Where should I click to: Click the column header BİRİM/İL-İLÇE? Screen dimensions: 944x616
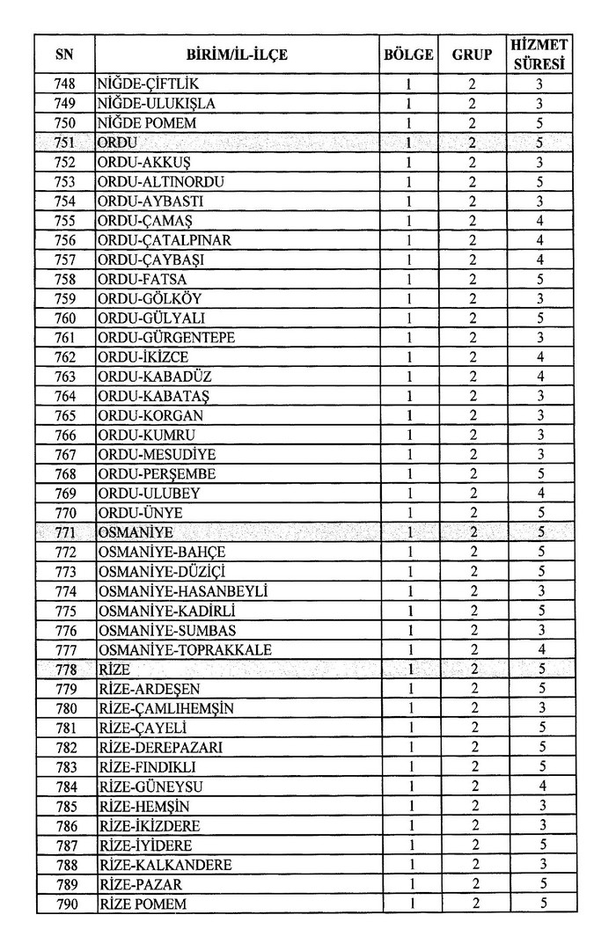point(237,55)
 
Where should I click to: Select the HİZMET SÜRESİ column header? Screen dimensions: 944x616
point(541,55)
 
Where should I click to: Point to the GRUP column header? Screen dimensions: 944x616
point(472,55)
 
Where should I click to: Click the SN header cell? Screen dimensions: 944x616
point(64,55)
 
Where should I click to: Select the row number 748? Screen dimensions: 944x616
point(64,84)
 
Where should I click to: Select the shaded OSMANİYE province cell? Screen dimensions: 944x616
point(136,533)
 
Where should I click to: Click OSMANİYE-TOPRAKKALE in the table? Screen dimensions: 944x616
point(186,650)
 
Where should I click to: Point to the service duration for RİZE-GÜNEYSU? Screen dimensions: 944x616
point(541,787)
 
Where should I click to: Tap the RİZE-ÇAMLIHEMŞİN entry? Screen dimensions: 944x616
point(166,708)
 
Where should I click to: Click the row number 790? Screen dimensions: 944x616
point(64,904)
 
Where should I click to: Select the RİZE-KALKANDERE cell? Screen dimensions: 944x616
point(166,865)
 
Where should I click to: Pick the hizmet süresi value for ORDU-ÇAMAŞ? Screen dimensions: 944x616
point(541,221)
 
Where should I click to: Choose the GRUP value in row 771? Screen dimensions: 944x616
point(472,533)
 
